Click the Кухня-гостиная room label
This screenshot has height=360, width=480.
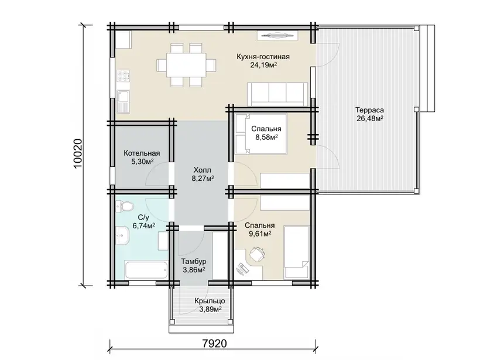[263, 57]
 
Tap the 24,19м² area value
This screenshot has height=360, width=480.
[263, 65]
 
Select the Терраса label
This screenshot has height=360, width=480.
[369, 110]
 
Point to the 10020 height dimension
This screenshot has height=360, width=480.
[78, 153]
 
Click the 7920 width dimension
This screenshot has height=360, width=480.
[215, 344]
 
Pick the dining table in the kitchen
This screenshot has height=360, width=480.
[186, 65]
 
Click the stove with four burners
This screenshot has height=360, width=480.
[123, 76]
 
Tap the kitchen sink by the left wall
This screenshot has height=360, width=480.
[123, 101]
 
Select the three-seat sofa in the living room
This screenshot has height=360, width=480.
[277, 94]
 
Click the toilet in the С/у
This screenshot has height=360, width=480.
[124, 205]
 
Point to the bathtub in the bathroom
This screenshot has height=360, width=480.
[146, 270]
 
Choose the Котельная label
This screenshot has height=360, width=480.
[142, 153]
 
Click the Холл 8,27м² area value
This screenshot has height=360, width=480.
[203, 179]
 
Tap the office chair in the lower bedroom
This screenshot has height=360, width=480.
[257, 254]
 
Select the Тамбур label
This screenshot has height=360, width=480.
[194, 262]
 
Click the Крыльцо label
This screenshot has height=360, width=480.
[210, 301]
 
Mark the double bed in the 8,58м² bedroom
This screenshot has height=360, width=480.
[261, 134]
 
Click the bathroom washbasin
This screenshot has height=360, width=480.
[123, 235]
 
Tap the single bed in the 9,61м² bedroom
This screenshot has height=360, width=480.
[296, 252]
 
